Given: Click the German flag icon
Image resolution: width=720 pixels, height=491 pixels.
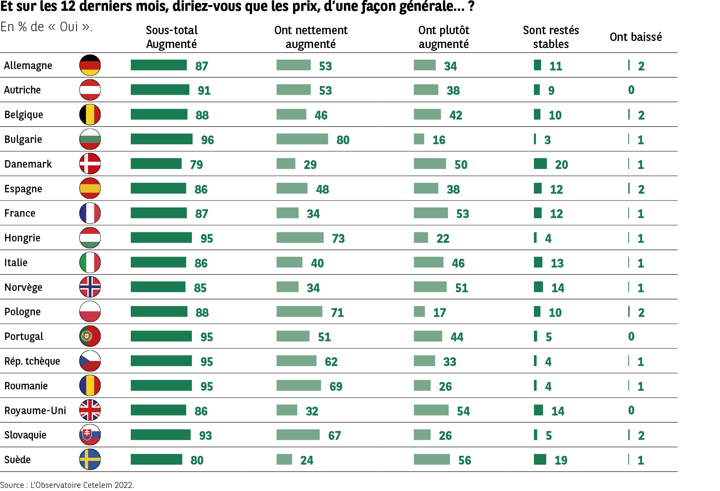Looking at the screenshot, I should pos(90,65).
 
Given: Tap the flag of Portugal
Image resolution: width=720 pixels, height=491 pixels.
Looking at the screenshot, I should pos(90,336).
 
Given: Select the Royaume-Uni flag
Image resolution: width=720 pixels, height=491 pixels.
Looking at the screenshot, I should pos(90,410).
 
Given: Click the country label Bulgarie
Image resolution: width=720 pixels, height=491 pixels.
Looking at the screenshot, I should pos(23,140).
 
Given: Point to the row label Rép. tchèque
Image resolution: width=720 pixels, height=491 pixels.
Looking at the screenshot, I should pos(32,361).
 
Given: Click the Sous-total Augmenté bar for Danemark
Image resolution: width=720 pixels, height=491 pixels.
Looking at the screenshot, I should pos(156,164).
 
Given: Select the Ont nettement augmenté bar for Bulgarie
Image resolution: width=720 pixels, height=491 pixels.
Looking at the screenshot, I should pos(302,139).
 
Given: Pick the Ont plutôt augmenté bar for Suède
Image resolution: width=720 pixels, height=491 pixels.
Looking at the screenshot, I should pos(432,459).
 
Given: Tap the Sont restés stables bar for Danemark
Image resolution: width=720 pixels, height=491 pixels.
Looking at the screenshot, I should pos(540,164).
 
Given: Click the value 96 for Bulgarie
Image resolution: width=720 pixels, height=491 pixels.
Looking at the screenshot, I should pos(207,140).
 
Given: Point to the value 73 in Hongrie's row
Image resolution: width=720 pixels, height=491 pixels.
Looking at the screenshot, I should pos(338,238).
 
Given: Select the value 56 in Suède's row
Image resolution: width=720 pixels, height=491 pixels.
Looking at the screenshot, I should pos(465,460).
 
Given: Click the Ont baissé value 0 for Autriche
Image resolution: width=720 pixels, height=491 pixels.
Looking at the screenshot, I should pos(631,90).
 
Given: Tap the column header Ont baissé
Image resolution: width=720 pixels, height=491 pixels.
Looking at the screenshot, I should pos(636,37).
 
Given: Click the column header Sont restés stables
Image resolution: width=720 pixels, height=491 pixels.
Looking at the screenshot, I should pos(551,37).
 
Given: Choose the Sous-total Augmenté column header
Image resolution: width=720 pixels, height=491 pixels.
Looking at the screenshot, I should pos(171,37).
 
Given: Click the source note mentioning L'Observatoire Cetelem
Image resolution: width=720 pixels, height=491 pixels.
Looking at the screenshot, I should pos(67,485).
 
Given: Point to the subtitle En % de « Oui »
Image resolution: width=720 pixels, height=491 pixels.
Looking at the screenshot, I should pos(46,27).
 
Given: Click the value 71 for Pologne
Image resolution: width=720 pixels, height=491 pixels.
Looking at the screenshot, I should pos(337,312).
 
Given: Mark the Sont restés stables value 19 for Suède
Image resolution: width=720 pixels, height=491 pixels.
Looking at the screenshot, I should pos(561,460).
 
